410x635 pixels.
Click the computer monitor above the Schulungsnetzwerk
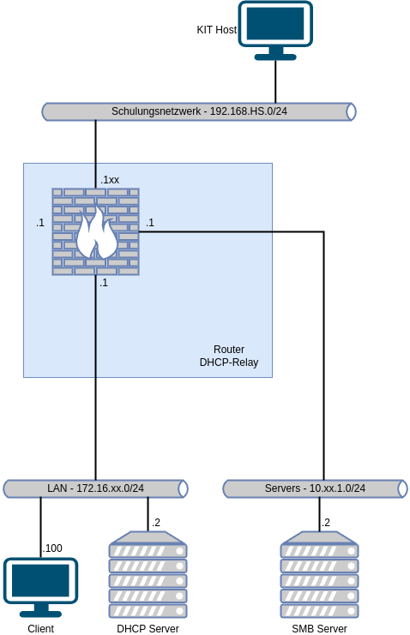pyautogui.click(x=275, y=29)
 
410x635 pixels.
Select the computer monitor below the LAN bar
pyautogui.click(x=40, y=586)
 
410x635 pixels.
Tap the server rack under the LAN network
pyautogui.click(x=148, y=574)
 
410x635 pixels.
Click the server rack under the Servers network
pyautogui.click(x=320, y=574)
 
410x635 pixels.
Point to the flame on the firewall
pyautogui.click(x=96, y=234)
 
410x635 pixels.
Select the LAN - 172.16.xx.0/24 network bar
pyautogui.click(x=95, y=488)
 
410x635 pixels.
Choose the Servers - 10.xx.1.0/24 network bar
pyautogui.click(x=315, y=488)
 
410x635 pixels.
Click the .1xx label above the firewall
pyautogui.click(x=109, y=180)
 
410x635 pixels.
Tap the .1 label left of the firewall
pyautogui.click(x=40, y=223)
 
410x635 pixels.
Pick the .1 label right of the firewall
pyautogui.click(x=150, y=223)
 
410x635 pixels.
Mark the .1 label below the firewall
pyautogui.click(x=104, y=283)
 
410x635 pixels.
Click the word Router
pyautogui.click(x=229, y=350)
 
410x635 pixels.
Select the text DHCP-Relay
pyautogui.click(x=229, y=362)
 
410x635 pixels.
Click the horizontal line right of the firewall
pyautogui.click(x=206, y=231)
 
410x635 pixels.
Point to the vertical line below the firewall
pyautogui.click(x=96, y=326)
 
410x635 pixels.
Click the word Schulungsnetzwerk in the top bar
pyautogui.click(x=155, y=111)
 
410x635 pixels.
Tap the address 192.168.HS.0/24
pyautogui.click(x=248, y=111)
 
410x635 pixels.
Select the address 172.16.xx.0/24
pyautogui.click(x=110, y=488)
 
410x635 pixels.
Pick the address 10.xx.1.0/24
pyautogui.click(x=337, y=488)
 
